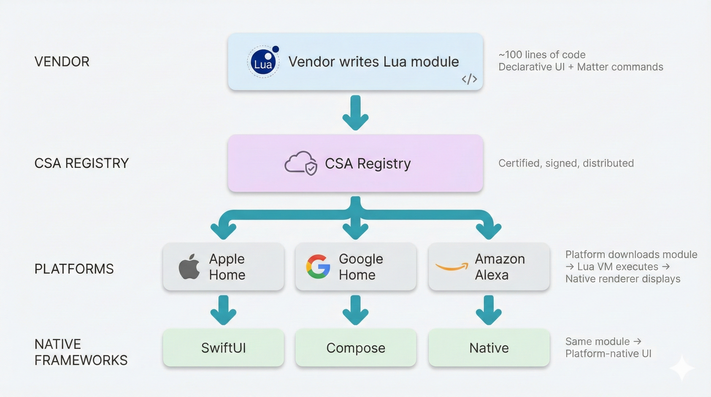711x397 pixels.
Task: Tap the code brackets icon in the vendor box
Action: click(469, 79)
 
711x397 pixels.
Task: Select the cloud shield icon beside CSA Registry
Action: click(301, 163)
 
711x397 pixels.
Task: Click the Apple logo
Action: click(189, 266)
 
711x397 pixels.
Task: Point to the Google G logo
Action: click(318, 266)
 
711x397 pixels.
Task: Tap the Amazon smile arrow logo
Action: click(452, 267)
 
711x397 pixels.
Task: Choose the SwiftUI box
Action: click(223, 348)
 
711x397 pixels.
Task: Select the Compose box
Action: click(355, 348)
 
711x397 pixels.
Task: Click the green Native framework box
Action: click(489, 348)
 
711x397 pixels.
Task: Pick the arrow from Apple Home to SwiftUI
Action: click(223, 310)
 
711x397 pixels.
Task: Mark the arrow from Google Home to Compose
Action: click(355, 310)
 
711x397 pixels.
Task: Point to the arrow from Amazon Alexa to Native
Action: click(489, 310)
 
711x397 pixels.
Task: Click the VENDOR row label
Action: click(62, 62)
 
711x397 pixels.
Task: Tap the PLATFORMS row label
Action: click(74, 269)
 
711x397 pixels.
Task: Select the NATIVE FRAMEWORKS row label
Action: click(81, 352)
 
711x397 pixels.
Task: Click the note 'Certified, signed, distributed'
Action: click(566, 163)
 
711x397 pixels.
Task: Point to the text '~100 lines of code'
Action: click(542, 55)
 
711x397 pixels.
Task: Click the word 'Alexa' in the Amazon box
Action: click(492, 275)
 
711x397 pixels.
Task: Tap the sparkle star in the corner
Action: click(682, 368)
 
